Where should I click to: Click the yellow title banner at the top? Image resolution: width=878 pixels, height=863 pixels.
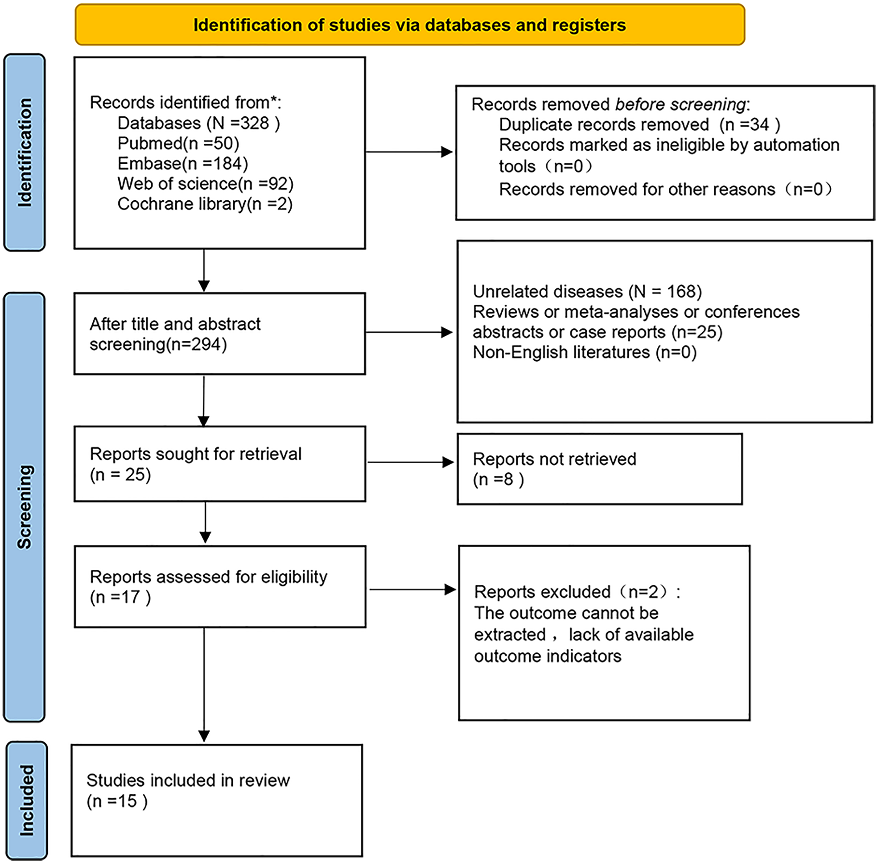coord(410,25)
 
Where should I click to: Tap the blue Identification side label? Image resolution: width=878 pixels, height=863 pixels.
coord(25,153)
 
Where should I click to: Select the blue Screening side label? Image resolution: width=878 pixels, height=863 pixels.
coord(24,507)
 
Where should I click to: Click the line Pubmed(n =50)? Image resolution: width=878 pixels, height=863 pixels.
coord(178,143)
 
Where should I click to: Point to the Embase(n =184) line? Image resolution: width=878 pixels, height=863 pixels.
coord(183,164)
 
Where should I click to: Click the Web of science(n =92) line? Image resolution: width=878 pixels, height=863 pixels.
coord(205,184)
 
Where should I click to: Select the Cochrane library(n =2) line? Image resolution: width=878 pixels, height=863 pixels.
coord(205,204)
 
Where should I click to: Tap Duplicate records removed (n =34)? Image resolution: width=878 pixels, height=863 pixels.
coord(640,125)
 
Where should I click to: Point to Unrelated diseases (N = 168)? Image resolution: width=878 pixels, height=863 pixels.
coord(587,292)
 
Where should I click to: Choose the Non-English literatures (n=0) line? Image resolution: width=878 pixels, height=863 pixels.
coord(584,352)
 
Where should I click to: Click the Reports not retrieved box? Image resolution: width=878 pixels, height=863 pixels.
coord(599,469)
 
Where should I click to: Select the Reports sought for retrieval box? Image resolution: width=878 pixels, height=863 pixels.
coord(219,464)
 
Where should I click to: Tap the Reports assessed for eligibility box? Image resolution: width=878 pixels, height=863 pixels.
coord(220,587)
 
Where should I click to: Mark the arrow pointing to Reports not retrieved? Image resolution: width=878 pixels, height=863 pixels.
coord(410,462)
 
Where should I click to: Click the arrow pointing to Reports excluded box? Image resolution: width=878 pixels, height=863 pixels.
coord(412,589)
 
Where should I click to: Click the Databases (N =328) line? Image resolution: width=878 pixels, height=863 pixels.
coord(199,123)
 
